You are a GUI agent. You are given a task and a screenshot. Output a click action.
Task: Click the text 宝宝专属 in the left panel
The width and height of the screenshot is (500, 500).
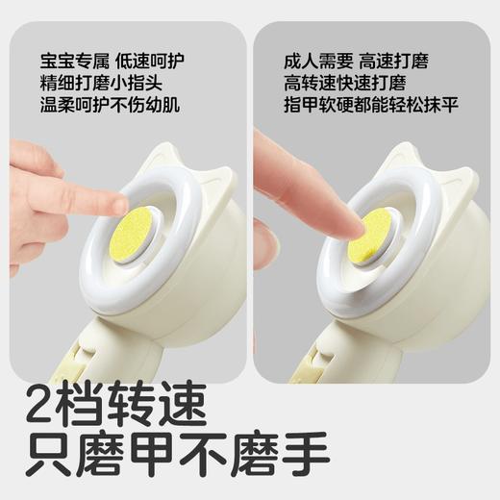point(66,61)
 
